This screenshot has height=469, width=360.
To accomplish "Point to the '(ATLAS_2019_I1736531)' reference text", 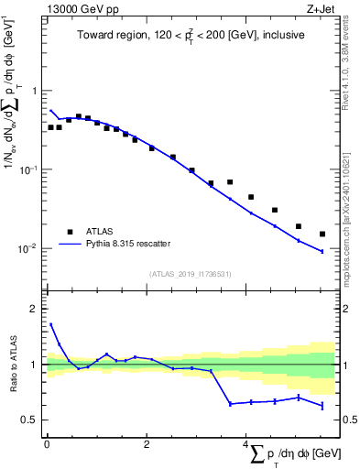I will point(190,274).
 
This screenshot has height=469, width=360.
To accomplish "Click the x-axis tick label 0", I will point(47,445).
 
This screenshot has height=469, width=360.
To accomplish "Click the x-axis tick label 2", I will point(147,445).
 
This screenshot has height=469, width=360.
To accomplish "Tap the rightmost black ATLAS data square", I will point(322,234).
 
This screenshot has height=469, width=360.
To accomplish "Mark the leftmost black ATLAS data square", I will point(51,127).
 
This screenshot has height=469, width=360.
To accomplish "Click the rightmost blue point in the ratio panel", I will point(322,406).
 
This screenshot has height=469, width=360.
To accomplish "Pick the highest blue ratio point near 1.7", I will point(51,324).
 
